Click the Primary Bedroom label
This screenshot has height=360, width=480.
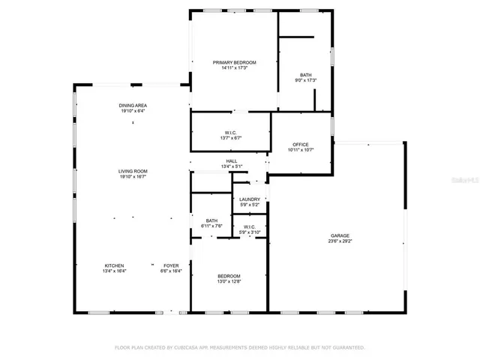point(234,62)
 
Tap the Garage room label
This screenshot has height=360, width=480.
point(339,235)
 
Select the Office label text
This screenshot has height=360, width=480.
point(300,145)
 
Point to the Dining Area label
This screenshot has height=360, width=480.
point(132,105)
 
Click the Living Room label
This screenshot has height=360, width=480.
point(132,172)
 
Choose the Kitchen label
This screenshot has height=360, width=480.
point(114,265)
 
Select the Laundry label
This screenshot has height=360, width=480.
point(250,199)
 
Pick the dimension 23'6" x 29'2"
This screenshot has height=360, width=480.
point(339,241)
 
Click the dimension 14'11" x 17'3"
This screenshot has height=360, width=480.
point(234,68)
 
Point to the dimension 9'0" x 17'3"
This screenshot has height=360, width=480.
point(306,80)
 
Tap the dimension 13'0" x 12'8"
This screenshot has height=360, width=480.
point(229,282)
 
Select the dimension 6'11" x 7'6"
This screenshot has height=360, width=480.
point(211,226)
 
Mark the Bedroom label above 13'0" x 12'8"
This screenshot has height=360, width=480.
point(229,276)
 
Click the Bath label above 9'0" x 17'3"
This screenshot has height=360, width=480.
point(306,74)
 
